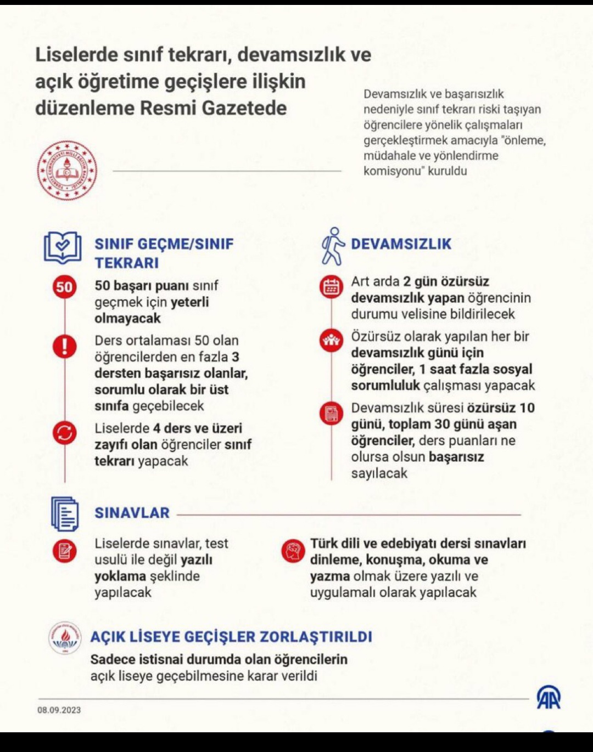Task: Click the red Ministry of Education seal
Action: pyautogui.click(x=67, y=170)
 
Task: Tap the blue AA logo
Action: pyautogui.click(x=549, y=697)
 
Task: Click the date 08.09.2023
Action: pyautogui.click(x=59, y=710)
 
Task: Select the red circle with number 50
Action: pyautogui.click(x=64, y=286)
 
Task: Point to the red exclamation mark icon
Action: pyautogui.click(x=65, y=346)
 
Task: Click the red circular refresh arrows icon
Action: pyautogui.click(x=65, y=433)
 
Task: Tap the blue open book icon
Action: pyautogui.click(x=63, y=247)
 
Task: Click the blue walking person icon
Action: pyautogui.click(x=332, y=247)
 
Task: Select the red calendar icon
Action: pyautogui.click(x=331, y=287)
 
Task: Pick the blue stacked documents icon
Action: pyautogui.click(x=65, y=514)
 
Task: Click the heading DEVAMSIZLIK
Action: pyautogui.click(x=401, y=244)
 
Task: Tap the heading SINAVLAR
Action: pyautogui.click(x=132, y=513)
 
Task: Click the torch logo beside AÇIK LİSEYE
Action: pyautogui.click(x=65, y=638)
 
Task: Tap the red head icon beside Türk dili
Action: pyautogui.click(x=293, y=550)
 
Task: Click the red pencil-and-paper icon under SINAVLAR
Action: pyautogui.click(x=65, y=550)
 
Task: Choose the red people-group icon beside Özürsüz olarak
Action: pyautogui.click(x=331, y=341)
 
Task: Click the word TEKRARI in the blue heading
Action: pyautogui.click(x=127, y=263)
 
